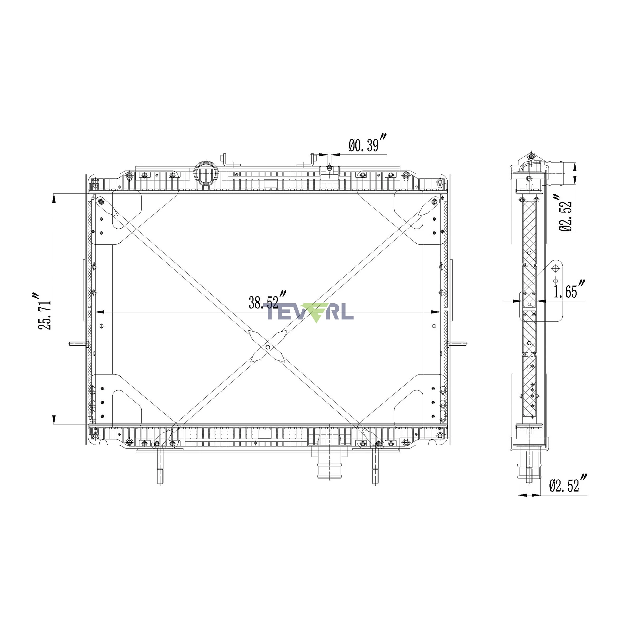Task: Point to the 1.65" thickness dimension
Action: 569,289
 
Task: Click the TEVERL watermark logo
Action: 310,312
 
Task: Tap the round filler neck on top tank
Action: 205,174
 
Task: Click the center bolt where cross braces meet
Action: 267,347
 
